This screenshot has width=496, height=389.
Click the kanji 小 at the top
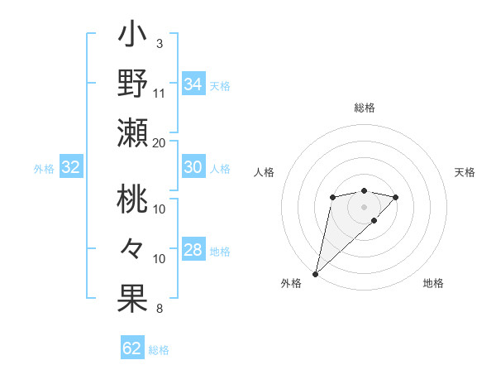coord(132,37)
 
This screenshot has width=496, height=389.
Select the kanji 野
coord(132,84)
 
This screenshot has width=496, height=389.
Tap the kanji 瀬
coord(132,132)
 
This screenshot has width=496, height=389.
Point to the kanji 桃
coord(132,201)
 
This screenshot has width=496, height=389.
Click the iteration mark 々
coord(132,248)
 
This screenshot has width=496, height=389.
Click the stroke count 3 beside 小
coord(159,43)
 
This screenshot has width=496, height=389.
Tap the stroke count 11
coord(160,92)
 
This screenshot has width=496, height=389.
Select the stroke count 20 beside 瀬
coord(160,142)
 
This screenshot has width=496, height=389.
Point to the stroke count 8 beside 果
coord(159,310)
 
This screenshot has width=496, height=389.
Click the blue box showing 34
coord(193,84)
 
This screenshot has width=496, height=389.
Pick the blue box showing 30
coord(193,167)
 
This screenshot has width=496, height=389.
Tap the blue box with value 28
coord(193,250)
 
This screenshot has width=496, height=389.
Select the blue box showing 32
coord(71,168)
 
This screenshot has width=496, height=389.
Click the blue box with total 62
coord(132,348)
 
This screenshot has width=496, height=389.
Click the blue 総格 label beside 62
coord(159,350)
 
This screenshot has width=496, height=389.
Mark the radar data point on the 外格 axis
coord(315,273)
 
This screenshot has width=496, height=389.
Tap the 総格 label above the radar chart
coord(364,108)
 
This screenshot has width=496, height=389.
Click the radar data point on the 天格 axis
coord(396,197)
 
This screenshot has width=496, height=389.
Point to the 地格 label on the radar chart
coord(433,283)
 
